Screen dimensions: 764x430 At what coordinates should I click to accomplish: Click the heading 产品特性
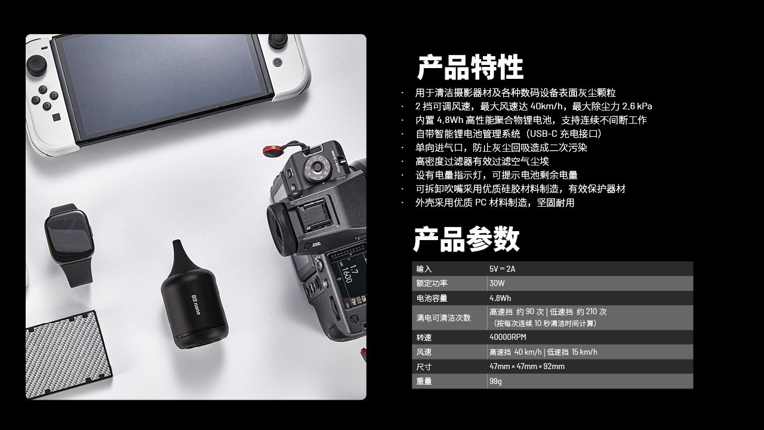coord(470,67)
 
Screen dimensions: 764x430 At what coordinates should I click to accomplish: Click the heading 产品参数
coord(466,239)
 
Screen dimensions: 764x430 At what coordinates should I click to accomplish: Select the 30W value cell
coord(497,283)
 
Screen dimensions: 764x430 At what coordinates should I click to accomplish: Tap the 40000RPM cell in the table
coord(508,337)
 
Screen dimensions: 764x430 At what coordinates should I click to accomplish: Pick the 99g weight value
coord(495,381)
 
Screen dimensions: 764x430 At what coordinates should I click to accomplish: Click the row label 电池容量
coord(432,298)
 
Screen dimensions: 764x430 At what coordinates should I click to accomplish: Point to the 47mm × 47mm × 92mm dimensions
coord(527,367)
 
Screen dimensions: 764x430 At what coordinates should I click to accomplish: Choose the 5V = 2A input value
coord(503,269)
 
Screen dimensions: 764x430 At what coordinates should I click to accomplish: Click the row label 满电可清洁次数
coord(443,318)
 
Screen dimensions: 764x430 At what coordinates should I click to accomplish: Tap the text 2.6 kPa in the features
coord(637,106)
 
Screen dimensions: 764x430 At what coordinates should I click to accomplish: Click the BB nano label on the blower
coord(196,305)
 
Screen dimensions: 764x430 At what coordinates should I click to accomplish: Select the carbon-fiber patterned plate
coord(68,354)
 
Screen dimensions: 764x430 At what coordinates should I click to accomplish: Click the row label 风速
coord(424,352)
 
